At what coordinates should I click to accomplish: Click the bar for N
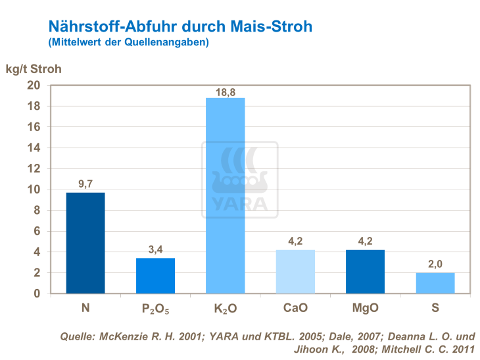click(85, 243)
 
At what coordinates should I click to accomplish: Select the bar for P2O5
click(155, 276)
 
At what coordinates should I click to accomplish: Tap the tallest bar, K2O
click(225, 195)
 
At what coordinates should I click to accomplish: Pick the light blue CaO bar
click(295, 272)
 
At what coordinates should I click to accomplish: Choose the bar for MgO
click(365, 272)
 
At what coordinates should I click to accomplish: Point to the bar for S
click(435, 283)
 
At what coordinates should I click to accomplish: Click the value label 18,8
click(225, 92)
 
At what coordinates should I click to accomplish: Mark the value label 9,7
click(85, 185)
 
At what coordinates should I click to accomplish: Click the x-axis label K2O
click(225, 308)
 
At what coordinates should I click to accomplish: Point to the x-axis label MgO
click(365, 307)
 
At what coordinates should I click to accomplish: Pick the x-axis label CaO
click(295, 307)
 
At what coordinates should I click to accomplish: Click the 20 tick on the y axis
click(34, 86)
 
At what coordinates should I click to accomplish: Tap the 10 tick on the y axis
click(34, 190)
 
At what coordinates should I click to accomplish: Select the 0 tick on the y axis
click(37, 294)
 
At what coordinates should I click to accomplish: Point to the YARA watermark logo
click(239, 179)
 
